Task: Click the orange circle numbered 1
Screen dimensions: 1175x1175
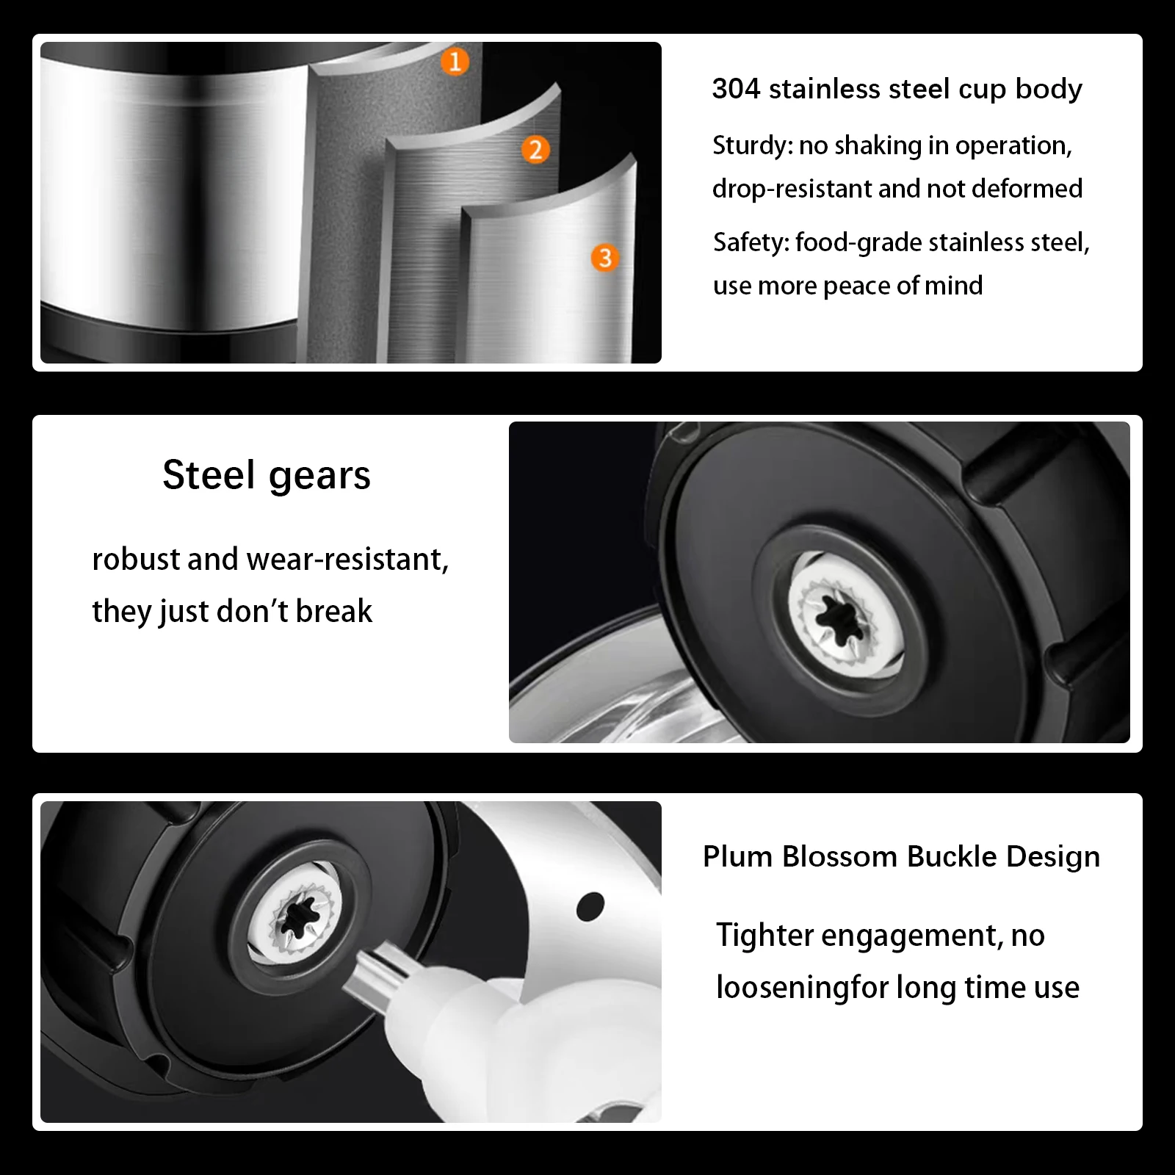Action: (455, 61)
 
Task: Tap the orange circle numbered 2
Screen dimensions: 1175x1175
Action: (535, 150)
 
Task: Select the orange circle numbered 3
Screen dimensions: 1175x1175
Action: (605, 258)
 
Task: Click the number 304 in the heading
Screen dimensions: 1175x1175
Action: (736, 89)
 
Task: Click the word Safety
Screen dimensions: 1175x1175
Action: (751, 242)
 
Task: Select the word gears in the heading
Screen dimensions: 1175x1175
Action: (319, 477)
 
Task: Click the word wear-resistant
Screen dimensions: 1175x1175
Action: (347, 560)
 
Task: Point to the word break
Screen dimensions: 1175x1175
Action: (334, 611)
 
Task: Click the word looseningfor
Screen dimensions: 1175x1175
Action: (803, 988)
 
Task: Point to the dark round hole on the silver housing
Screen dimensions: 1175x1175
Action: (590, 906)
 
